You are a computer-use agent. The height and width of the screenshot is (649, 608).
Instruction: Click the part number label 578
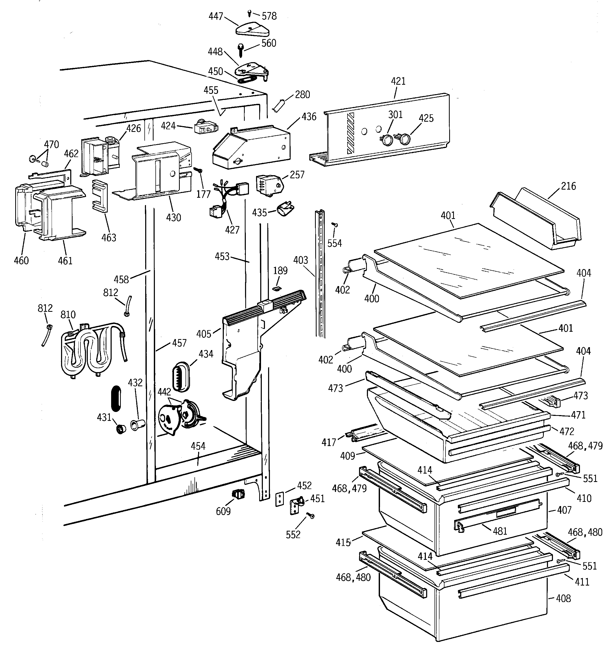tap(269, 16)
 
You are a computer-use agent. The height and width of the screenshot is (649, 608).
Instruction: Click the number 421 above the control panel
tap(398, 81)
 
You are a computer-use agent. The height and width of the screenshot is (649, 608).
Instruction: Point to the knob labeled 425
tap(404, 140)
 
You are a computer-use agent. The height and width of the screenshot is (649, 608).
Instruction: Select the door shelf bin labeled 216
tap(535, 219)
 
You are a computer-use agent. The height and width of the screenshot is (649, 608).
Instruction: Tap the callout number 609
tap(223, 511)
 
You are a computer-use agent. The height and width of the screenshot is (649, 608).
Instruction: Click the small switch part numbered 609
tap(238, 494)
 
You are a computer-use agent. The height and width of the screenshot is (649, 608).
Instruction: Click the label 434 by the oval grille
tap(206, 354)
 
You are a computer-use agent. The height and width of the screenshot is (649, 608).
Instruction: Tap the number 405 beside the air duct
tap(204, 334)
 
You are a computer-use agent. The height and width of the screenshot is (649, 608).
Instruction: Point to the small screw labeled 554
tap(334, 225)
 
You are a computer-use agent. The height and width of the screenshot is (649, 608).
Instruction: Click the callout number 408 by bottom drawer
tap(563, 598)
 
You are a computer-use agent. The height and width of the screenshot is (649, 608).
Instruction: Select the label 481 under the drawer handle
tap(500, 531)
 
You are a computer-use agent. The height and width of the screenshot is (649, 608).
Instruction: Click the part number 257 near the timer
tap(297, 175)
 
